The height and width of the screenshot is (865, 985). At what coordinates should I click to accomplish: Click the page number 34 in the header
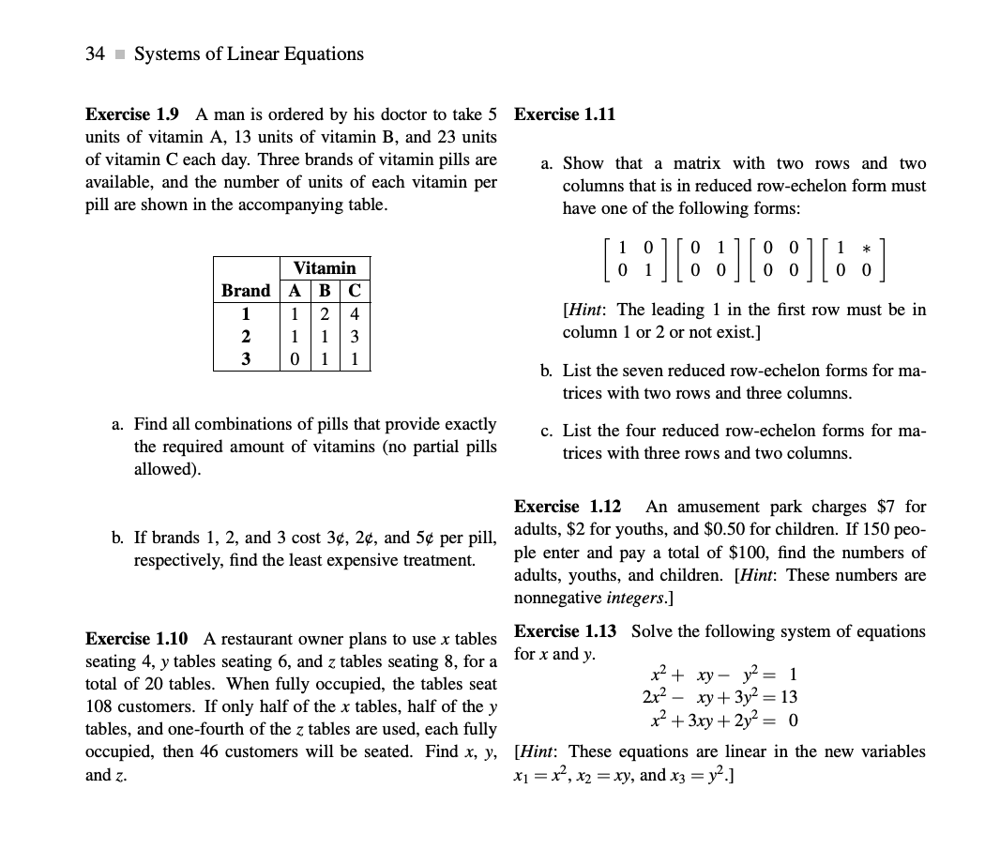tap(95, 53)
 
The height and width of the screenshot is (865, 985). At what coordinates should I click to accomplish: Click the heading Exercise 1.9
tap(132, 114)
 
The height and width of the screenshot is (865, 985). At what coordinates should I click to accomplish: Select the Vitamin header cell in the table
tap(325, 267)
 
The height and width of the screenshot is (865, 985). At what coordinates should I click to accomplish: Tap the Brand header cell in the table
tap(246, 291)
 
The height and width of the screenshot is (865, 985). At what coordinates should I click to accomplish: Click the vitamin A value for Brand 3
tap(295, 359)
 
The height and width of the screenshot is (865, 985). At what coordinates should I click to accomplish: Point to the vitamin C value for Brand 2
tap(356, 337)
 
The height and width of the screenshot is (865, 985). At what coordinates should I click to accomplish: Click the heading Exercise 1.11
tap(565, 114)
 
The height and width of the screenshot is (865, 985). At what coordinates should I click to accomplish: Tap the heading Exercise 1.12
tap(568, 507)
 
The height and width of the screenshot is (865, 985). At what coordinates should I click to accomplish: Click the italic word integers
tap(636, 597)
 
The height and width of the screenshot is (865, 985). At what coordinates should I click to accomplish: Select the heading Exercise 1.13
tap(568, 631)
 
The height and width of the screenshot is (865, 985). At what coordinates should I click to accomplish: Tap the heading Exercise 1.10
tap(136, 639)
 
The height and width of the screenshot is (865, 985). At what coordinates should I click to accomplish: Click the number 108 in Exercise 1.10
tap(99, 706)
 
